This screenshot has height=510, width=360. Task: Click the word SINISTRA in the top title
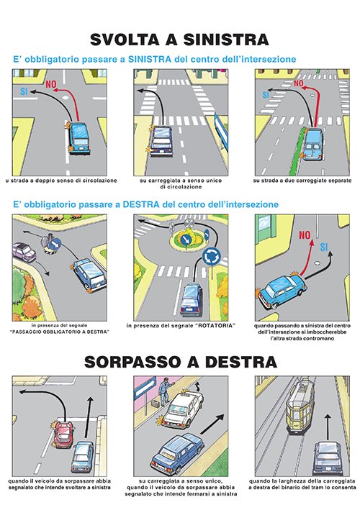[226, 40]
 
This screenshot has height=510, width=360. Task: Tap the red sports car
[64, 434]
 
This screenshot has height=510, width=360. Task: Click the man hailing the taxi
[165, 391]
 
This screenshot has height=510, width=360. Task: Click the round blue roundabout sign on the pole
[211, 256]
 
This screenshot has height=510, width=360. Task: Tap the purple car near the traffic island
[24, 252]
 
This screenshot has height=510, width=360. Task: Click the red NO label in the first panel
[51, 85]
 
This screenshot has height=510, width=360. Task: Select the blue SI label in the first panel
[24, 91]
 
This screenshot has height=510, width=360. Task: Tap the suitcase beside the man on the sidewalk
[156, 404]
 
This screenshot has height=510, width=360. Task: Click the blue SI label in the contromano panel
[324, 247]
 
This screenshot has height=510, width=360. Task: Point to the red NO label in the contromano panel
[305, 235]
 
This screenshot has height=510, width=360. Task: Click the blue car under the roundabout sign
[192, 300]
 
